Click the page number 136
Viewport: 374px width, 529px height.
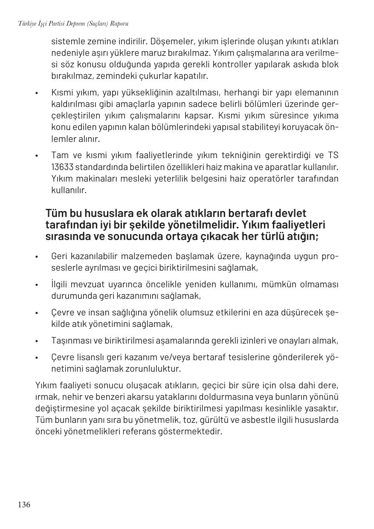click(24, 505)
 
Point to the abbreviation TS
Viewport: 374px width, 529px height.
click(333, 155)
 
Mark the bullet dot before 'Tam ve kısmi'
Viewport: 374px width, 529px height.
click(38, 156)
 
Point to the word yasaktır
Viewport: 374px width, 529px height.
click(323, 408)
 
